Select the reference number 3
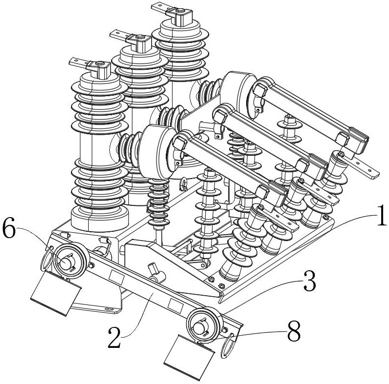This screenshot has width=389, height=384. pos(310,282)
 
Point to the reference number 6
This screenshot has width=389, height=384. pos(9,228)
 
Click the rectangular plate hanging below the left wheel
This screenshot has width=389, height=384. pos(56,293)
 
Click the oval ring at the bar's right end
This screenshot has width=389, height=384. pos(227,346)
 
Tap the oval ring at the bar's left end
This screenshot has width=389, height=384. pos(47,258)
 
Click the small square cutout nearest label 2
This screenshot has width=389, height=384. pos(175,306)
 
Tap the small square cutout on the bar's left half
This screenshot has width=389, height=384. pos(117,278)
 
